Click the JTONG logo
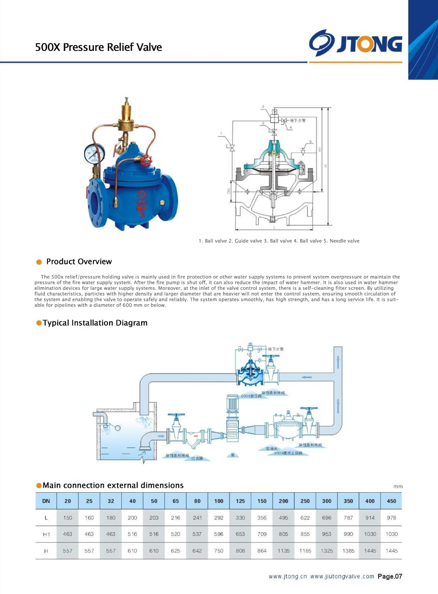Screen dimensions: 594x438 click(356, 43)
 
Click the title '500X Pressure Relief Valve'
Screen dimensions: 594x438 click(98, 47)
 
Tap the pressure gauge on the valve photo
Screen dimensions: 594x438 click(94, 153)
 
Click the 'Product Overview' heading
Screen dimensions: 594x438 click(79, 261)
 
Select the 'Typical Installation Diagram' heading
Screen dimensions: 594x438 click(95, 323)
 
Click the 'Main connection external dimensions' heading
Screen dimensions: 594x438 click(113, 485)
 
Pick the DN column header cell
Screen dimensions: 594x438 click(46, 501)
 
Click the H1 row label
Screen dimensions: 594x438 click(46, 534)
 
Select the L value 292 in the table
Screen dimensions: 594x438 click(219, 518)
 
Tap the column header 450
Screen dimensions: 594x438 click(391, 501)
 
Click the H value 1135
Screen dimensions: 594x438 click(284, 551)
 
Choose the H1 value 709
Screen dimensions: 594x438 click(262, 534)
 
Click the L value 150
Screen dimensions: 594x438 click(68, 518)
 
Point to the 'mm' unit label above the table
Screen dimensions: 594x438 click(398, 486)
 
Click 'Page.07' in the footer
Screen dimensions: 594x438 click(390, 576)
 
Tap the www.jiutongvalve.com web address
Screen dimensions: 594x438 click(342, 576)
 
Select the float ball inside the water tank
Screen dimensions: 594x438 click(118, 428)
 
